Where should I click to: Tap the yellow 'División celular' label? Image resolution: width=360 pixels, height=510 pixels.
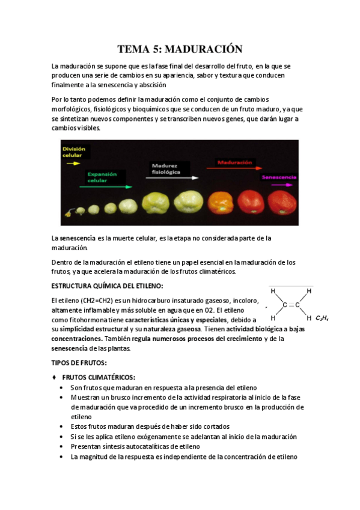73,152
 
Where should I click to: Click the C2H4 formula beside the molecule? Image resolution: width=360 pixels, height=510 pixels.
322,319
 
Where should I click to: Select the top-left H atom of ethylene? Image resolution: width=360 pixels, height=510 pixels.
273,291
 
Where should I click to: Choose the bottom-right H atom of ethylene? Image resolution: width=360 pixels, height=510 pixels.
309,318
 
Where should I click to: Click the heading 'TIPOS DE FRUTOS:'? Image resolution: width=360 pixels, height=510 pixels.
79,363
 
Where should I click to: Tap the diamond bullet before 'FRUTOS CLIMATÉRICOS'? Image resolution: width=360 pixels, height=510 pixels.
55,376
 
